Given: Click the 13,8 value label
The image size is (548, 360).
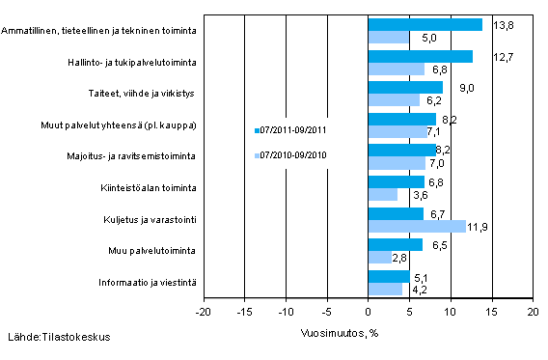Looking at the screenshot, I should pyautogui.click(x=502, y=24).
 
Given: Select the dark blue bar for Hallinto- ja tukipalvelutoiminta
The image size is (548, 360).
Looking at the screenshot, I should pyautogui.click(x=420, y=56).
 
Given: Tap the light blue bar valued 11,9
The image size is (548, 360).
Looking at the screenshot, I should pyautogui.click(x=417, y=226).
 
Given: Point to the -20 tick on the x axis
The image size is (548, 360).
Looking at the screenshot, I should pyautogui.click(x=203, y=314).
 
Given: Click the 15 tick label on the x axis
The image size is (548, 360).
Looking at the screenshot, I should pyautogui.click(x=491, y=314).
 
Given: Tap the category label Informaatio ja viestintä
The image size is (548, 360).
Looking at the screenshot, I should pyautogui.click(x=150, y=282).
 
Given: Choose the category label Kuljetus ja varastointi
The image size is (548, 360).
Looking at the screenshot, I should pyautogui.click(x=151, y=219).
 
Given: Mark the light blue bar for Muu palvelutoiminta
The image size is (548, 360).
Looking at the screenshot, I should pyautogui.click(x=379, y=258).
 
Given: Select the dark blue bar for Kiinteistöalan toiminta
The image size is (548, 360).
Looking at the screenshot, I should pyautogui.click(x=396, y=182).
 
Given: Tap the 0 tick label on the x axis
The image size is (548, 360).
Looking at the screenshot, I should pyautogui.click(x=368, y=314).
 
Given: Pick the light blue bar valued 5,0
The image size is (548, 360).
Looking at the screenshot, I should pyautogui.click(x=388, y=37).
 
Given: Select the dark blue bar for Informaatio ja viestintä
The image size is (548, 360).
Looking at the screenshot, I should pyautogui.click(x=389, y=276).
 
